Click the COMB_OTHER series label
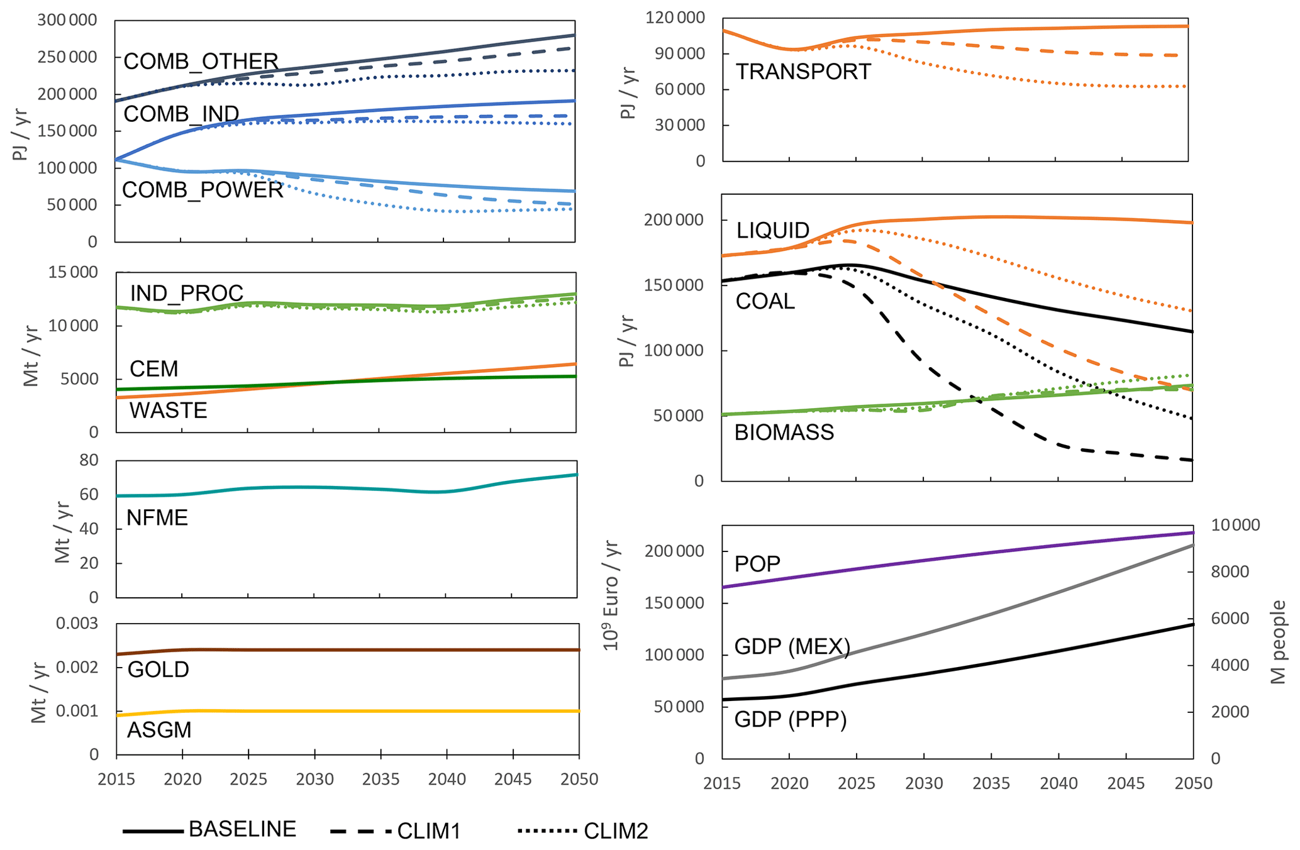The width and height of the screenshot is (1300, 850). coord(201,62)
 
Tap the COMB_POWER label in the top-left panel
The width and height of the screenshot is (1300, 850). coord(203,190)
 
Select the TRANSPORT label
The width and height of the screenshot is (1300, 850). coord(803,72)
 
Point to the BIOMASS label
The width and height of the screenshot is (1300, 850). coord(784,433)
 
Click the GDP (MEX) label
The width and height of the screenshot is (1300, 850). coord(792,646)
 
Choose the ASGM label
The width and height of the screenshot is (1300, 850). coord(159,730)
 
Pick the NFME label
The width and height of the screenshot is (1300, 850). coord(157,518)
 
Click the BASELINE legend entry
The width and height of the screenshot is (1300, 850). coord(242,829)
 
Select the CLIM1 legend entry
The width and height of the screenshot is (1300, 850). coord(429,831)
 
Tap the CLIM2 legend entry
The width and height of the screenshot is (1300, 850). coord(616,831)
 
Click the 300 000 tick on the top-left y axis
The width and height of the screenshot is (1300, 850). coord(67,20)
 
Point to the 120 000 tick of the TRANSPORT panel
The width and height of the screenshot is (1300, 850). coord(675,18)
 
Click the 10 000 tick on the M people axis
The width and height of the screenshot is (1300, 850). coord(1235,526)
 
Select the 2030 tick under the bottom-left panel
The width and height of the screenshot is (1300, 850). coord(314,780)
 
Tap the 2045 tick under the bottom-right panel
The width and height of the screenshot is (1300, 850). coord(1126,783)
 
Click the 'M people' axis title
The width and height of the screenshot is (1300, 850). coord(1278,642)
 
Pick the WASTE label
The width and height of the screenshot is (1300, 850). coord(168,411)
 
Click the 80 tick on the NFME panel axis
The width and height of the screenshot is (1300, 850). coord(89,460)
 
